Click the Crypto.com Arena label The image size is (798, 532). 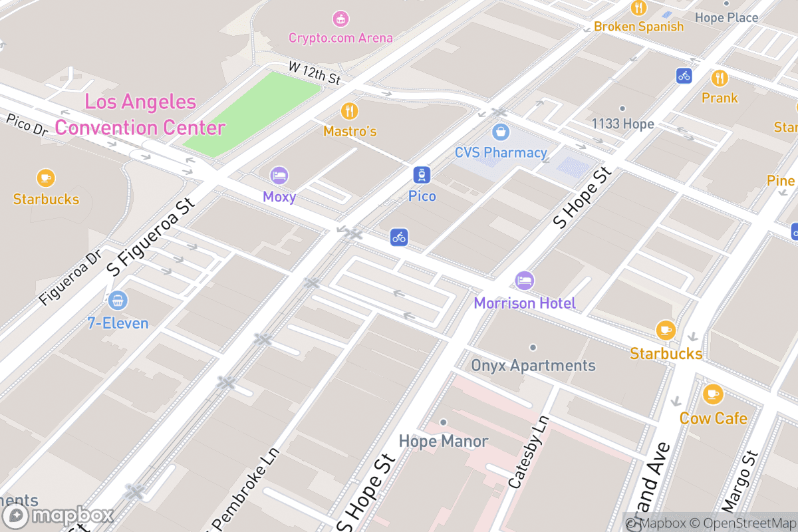[x=340, y=38]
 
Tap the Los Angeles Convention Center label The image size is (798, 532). [x=140, y=115]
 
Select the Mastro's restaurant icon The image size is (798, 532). [x=350, y=110]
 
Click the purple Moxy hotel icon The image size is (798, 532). [x=279, y=176]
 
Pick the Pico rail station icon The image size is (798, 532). [x=422, y=176]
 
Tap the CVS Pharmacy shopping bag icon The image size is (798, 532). [x=501, y=132]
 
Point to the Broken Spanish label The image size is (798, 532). [x=638, y=27]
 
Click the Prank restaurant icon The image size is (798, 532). [x=720, y=78]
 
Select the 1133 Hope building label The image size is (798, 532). [x=622, y=124]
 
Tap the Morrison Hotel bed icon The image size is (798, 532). [x=525, y=281]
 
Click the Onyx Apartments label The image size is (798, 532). [x=533, y=366]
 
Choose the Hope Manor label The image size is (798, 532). [x=444, y=441]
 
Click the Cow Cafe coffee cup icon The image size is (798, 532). [x=713, y=394]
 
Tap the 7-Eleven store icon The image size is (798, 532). [x=118, y=301]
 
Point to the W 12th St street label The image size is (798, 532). [x=315, y=73]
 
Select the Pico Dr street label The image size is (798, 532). [x=27, y=125]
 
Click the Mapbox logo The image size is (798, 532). [x=59, y=516]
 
